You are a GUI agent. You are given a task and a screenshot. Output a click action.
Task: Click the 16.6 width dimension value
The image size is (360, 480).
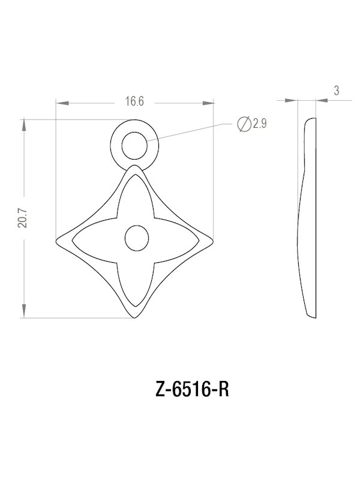point(134,101)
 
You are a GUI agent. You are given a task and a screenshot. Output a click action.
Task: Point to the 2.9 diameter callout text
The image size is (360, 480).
point(260,124)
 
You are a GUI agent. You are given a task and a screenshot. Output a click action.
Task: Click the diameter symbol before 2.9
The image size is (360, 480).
point(244,124)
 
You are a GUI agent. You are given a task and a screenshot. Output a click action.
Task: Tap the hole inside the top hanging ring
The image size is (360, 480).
point(134,145)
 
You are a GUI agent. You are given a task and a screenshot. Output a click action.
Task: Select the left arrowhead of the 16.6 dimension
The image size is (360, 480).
point(59,101)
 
